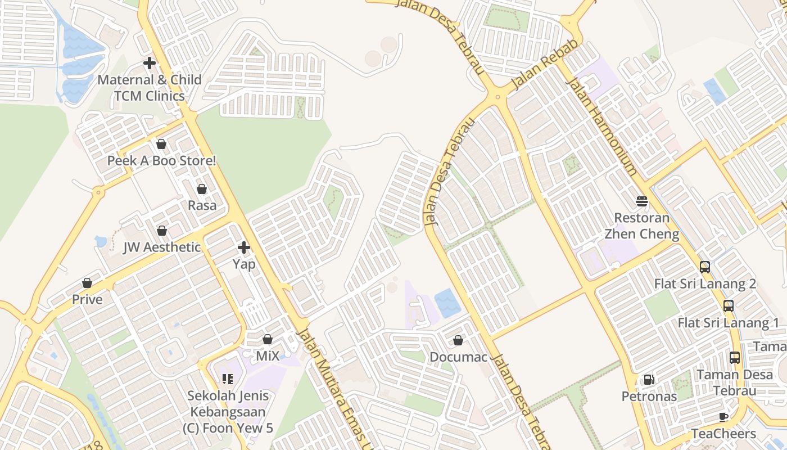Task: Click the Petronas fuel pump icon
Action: (649, 380)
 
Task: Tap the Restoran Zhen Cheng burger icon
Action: (641, 201)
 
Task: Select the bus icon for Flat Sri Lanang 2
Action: (705, 267)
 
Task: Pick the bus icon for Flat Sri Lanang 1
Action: (729, 307)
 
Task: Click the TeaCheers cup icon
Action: (723, 417)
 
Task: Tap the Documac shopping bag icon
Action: (458, 340)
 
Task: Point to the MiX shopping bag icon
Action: (268, 339)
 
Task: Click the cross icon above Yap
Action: (244, 247)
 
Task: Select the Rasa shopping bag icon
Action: (202, 189)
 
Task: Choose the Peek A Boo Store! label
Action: (161, 161)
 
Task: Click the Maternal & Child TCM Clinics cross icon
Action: (150, 63)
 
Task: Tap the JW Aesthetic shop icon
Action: (162, 231)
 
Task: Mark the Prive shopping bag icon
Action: (87, 282)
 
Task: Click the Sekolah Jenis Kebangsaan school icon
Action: (228, 379)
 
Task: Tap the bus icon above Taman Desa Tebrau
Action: (734, 358)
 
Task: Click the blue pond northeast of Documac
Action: (447, 303)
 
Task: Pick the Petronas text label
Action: (649, 397)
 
